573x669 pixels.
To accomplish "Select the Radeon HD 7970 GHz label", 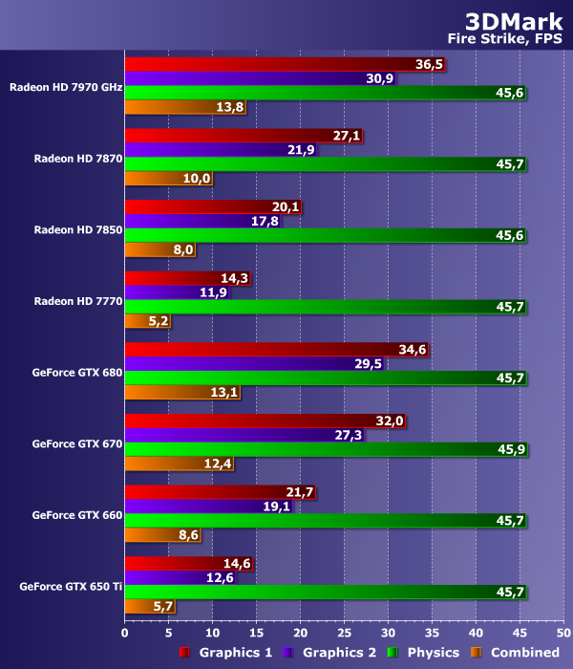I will (x=66, y=86).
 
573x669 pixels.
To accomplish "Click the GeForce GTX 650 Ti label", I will (x=71, y=586).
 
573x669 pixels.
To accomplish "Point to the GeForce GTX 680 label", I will (x=76, y=372).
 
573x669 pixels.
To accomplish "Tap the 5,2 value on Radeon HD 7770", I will (x=159, y=321).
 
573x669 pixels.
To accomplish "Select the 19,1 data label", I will (x=275, y=507).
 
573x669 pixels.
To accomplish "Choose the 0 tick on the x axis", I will (x=125, y=632).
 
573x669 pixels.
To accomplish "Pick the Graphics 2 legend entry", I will (x=329, y=653).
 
